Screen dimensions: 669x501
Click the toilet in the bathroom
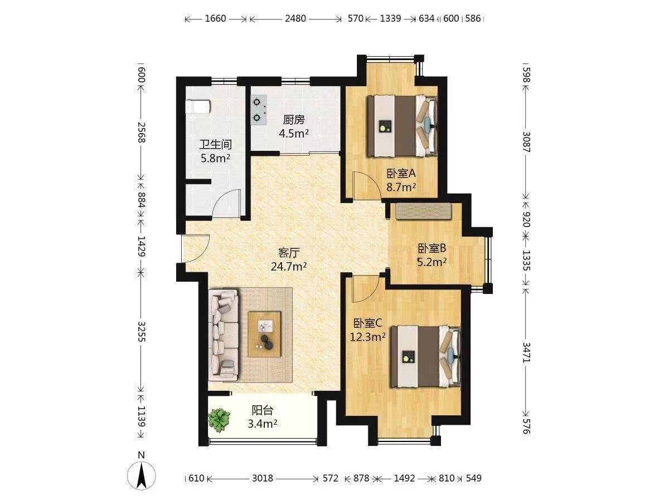pyautogui.click(x=198, y=106)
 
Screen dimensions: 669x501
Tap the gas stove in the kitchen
pyautogui.click(x=259, y=110)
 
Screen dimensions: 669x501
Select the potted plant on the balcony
pyautogui.click(x=219, y=420)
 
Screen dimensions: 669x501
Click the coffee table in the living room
pyautogui.click(x=264, y=334)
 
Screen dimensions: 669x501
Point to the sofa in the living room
pyautogui.click(x=224, y=335)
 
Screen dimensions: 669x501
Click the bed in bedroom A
pyautogui.click(x=403, y=126)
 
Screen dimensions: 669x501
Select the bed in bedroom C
pyautogui.click(x=425, y=356)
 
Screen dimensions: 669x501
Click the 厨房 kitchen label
pyautogui.click(x=293, y=120)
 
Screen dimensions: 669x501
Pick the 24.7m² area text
pyautogui.click(x=289, y=267)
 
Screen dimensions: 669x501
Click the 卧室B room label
pyautogui.click(x=432, y=248)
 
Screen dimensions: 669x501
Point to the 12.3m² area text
pyautogui.click(x=367, y=337)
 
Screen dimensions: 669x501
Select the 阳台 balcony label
pyautogui.click(x=262, y=410)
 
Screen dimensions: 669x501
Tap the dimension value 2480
pyautogui.click(x=295, y=18)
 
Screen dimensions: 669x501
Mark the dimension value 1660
pyautogui.click(x=215, y=18)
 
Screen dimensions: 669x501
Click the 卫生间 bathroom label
pyautogui.click(x=216, y=145)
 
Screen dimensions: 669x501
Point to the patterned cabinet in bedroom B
pyautogui.click(x=424, y=212)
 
